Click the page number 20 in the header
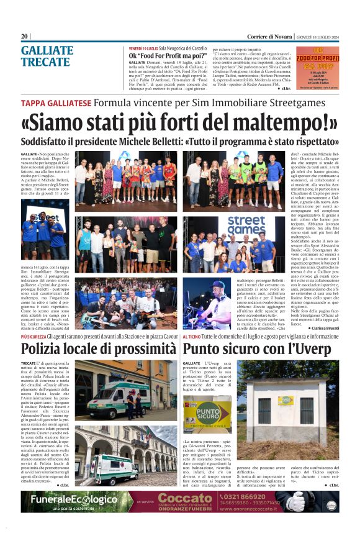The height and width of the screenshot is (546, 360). (25, 36)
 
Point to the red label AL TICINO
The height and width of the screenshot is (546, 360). (194, 335)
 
